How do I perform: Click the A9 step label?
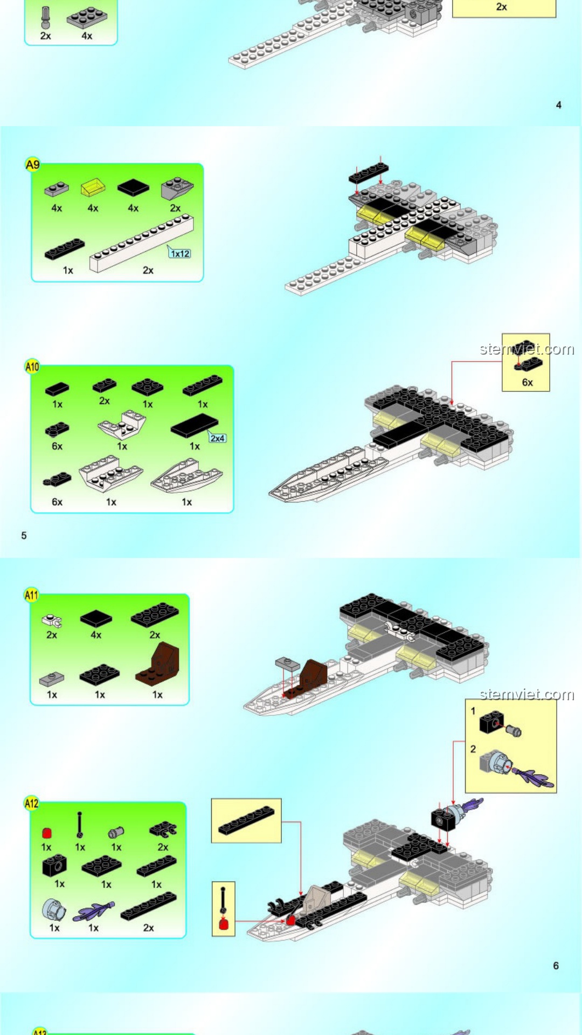coord(33,164)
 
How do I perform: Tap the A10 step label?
coord(32,367)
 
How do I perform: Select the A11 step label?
coord(32,595)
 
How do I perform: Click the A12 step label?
coord(32,803)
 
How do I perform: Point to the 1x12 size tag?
coord(180,253)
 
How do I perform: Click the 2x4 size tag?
coord(218,438)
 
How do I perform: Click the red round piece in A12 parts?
coord(47,833)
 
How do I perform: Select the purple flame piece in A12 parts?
coord(94,912)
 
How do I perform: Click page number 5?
coord(24,535)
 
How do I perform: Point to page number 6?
coord(556,965)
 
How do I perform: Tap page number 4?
coord(559,105)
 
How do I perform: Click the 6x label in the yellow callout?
coord(528,382)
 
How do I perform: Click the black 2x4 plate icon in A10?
coord(195,426)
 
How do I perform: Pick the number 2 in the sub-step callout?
coord(473,749)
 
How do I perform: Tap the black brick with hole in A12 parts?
coord(54,866)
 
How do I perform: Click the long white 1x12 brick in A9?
coord(141,244)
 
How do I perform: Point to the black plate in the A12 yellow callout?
coord(246,820)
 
